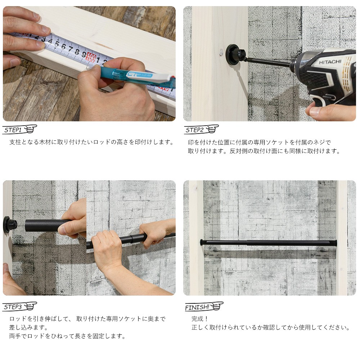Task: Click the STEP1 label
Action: (13, 130)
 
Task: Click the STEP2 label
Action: (194, 130)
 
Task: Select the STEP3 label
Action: (13, 307)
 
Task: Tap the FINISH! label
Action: (197, 307)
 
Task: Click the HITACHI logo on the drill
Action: (330, 62)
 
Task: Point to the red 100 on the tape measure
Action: (91, 57)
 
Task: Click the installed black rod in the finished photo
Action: (269, 243)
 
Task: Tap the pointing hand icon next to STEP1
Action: (30, 129)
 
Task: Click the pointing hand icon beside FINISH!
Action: (217, 306)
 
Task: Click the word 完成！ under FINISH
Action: (199, 319)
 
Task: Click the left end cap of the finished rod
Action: (201, 242)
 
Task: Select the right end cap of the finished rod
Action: (336, 243)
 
